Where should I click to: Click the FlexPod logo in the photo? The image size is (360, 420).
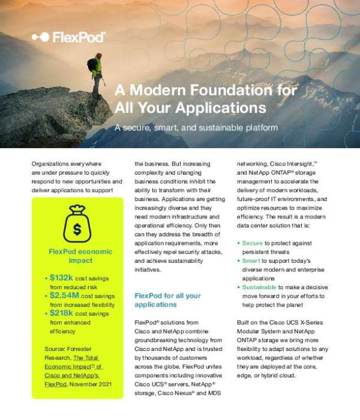(x=69, y=37)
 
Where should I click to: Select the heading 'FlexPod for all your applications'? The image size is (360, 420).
(x=167, y=300)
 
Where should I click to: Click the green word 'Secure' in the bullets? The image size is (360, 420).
(x=253, y=243)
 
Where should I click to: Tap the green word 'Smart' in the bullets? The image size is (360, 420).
(x=251, y=261)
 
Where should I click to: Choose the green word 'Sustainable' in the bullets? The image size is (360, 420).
(x=259, y=287)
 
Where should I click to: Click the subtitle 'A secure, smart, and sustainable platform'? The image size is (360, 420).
(x=196, y=128)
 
